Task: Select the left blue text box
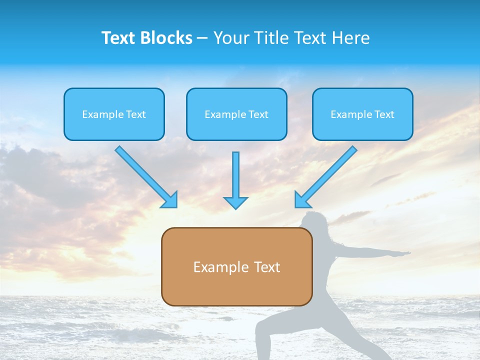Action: [x=114, y=114]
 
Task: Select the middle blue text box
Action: [x=236, y=114]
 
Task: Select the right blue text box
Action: [x=362, y=114]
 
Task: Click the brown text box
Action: [x=236, y=266]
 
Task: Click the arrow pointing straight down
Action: [x=235, y=180]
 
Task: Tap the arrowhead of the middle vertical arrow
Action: [x=235, y=202]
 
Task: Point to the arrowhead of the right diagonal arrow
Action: [x=301, y=200]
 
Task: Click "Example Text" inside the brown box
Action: [x=236, y=267]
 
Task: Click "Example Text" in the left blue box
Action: [x=114, y=114]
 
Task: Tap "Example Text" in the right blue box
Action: [x=362, y=114]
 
